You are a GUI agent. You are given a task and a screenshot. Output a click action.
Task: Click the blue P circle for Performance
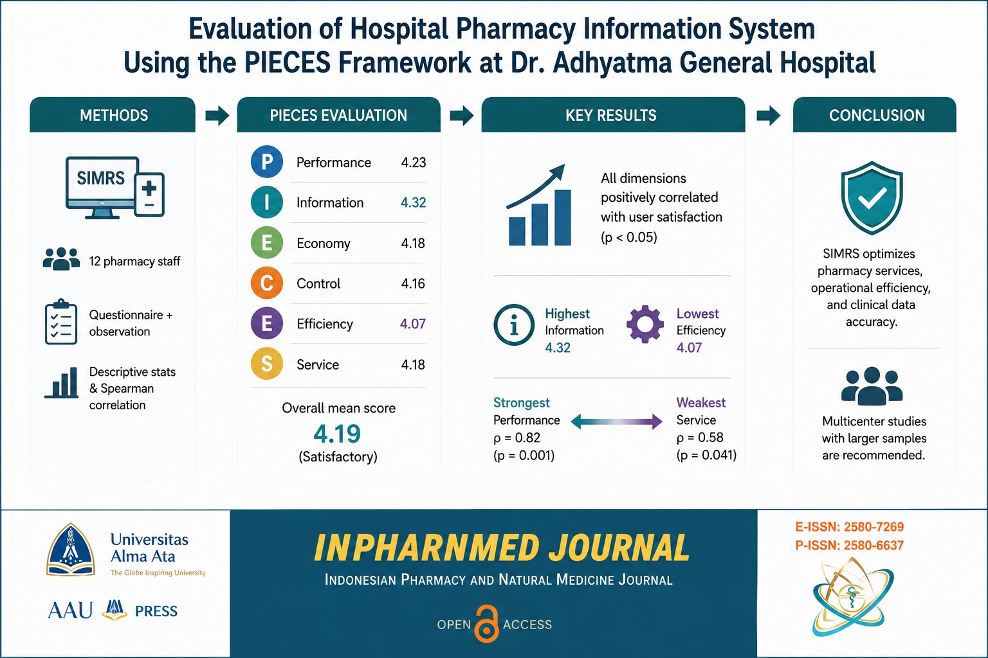267,162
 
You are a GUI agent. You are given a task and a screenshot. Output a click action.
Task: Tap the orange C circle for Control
267,283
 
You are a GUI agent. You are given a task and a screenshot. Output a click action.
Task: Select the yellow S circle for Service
267,364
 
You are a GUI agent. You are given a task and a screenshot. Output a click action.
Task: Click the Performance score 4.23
414,163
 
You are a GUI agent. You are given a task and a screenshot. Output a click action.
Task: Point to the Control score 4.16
413,283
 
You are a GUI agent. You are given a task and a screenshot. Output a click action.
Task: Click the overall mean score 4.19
338,434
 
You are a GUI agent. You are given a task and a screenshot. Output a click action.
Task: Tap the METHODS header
114,116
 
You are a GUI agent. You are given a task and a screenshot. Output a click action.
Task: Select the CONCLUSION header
877,116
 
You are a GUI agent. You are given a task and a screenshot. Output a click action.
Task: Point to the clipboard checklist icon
61,321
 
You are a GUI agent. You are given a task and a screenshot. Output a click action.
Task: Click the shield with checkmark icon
872,197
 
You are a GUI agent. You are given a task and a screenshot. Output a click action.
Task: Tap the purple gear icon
645,324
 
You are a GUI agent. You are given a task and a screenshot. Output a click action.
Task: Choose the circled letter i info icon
514,325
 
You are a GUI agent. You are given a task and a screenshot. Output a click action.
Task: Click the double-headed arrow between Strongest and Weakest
617,422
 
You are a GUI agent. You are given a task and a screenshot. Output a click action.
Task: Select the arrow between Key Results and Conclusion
769,116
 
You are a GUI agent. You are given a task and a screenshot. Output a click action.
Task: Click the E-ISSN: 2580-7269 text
850,527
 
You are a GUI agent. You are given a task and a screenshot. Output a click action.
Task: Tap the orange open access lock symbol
486,624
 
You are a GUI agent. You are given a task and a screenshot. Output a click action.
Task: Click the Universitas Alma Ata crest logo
71,549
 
